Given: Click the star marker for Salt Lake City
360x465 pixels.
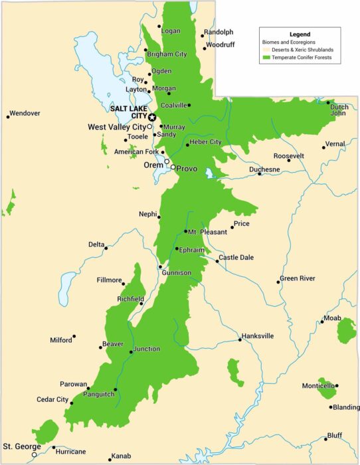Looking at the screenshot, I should tap(152, 117).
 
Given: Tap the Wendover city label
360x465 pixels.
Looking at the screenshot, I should tap(25, 114).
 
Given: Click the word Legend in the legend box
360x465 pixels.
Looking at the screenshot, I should tap(300, 34).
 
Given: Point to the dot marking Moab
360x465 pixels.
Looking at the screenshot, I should tap(322, 322).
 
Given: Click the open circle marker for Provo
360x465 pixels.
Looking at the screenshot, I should tap(173, 167).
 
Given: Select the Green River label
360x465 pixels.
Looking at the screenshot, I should tap(297, 278).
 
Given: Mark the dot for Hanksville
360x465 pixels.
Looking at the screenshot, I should tap(240, 340).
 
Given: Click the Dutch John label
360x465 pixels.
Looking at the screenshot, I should tap(339, 110).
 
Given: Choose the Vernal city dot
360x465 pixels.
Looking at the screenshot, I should tap(324, 147).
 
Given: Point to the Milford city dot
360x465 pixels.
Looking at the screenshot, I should tap(74, 336).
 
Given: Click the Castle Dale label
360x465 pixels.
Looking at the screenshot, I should tap(236, 257).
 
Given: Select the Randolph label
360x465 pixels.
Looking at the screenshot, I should tap(219, 32).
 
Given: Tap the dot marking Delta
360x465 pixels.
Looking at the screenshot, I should tap(106, 248).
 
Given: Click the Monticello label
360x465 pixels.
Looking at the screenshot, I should tap(318, 385).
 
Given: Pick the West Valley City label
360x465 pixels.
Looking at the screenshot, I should tap(117, 127).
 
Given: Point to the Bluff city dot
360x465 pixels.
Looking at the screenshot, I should tap(325, 439).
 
